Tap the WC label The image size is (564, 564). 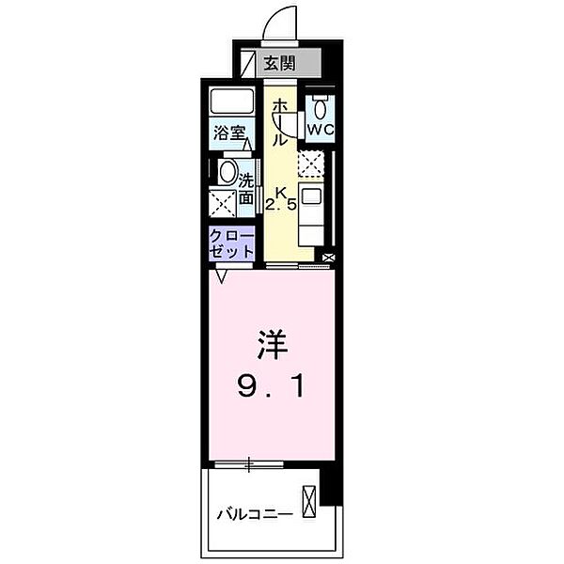pyautogui.click(x=320, y=128)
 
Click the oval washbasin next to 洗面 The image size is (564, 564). pyautogui.click(x=227, y=172)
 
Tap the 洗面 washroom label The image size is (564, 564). pyautogui.click(x=246, y=188)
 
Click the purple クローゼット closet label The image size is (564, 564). pyautogui.click(x=232, y=243)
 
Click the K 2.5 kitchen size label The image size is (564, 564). pyautogui.click(x=282, y=197)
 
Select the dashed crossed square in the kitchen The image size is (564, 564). pyautogui.click(x=311, y=164)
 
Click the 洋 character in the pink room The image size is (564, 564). pyautogui.click(x=269, y=345)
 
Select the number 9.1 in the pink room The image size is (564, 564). pyautogui.click(x=271, y=386)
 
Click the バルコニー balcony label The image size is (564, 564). pyautogui.click(x=253, y=514)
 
